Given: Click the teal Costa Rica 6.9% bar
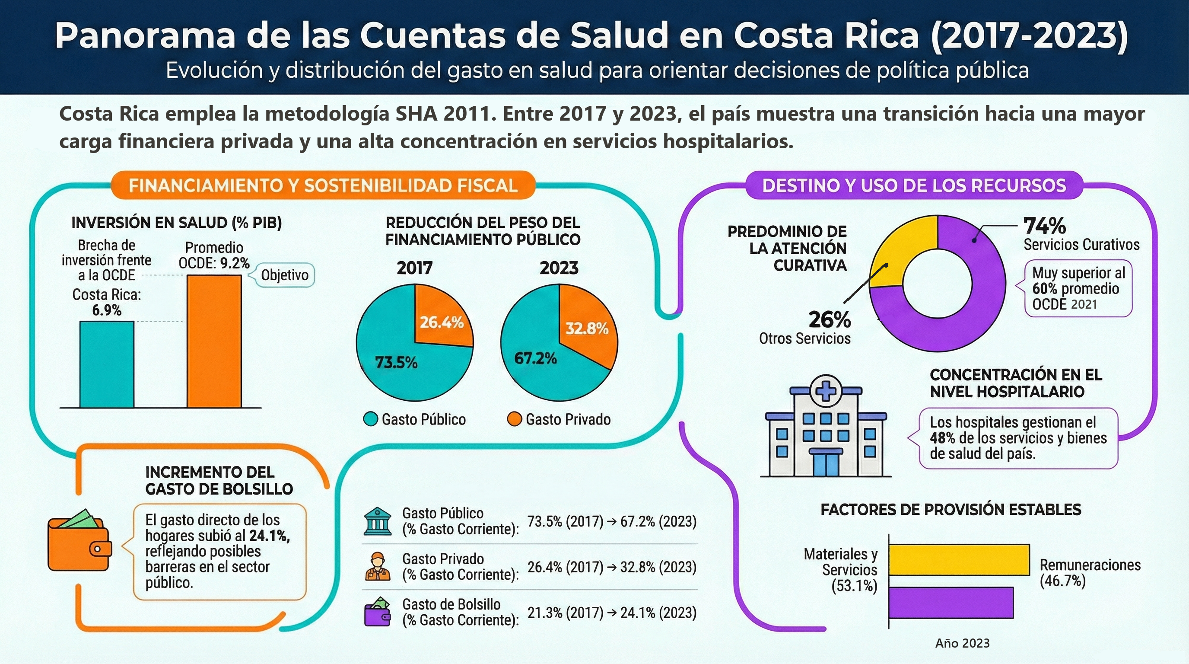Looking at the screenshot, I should (x=107, y=364).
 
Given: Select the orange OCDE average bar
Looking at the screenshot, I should (x=214, y=341).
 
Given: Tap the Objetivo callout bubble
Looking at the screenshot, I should (x=284, y=275).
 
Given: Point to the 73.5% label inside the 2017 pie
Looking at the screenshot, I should (x=396, y=362).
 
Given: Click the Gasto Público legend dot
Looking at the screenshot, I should (x=370, y=419).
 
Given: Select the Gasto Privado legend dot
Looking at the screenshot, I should (x=514, y=419).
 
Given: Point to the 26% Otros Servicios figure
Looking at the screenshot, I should (x=830, y=319).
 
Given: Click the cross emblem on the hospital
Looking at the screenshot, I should (x=826, y=392).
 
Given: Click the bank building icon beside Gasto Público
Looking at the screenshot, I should (x=377, y=521).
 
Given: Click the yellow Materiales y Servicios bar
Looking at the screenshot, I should (x=959, y=560).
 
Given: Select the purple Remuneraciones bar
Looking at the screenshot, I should (x=951, y=602).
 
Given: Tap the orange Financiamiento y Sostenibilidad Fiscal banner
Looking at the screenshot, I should (x=323, y=185).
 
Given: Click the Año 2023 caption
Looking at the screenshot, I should (x=962, y=643).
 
